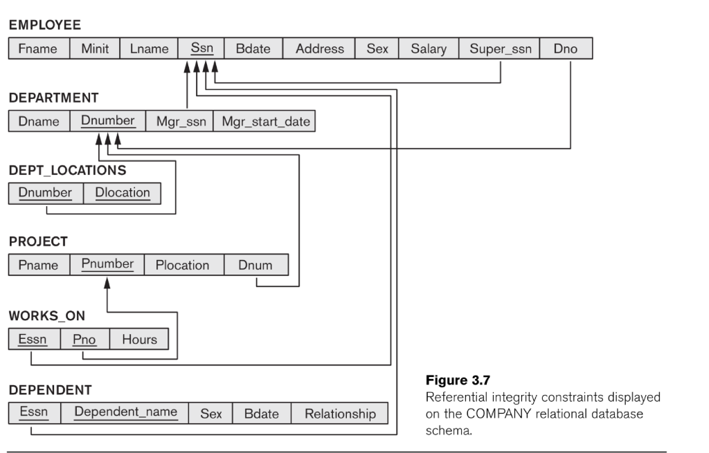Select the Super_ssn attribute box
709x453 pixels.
click(500, 48)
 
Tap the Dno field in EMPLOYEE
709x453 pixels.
click(566, 48)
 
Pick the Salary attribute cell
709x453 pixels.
click(428, 48)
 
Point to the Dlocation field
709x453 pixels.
click(123, 193)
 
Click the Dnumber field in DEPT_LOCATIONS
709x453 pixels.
click(46, 193)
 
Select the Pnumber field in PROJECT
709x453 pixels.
click(107, 265)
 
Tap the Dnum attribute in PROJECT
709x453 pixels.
click(255, 265)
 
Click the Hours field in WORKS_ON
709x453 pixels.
click(139, 339)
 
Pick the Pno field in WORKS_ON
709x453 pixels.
click(84, 339)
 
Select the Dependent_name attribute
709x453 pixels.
click(125, 413)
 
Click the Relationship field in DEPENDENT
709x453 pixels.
click(340, 413)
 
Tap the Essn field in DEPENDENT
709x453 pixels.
click(34, 413)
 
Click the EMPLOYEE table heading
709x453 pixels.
click(45, 25)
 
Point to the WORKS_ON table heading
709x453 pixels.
click(46, 315)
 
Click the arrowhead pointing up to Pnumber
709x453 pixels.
click(107, 284)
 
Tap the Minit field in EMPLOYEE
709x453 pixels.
click(95, 48)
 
